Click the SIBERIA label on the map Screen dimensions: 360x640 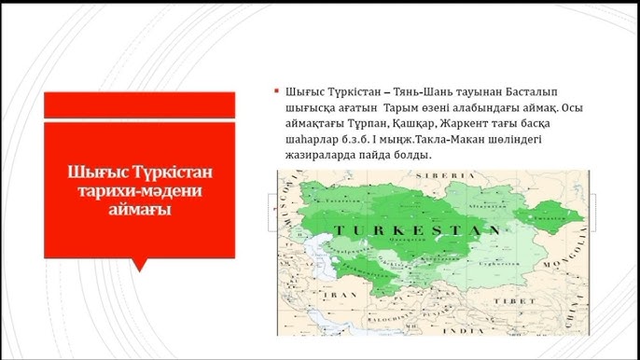point(448,175)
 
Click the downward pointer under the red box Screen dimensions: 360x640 point(139,264)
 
